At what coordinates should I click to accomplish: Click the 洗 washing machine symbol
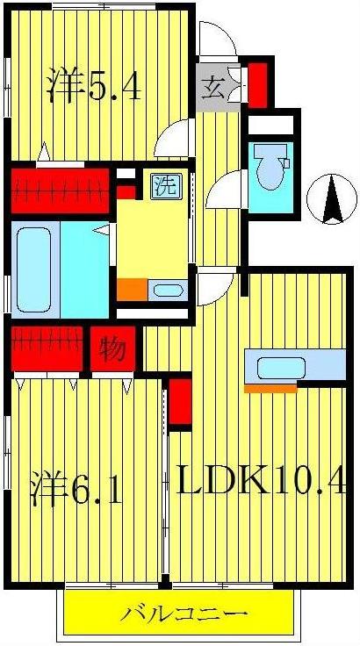(x=163, y=186)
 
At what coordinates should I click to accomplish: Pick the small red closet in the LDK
(x=180, y=401)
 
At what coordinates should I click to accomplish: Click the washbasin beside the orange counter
(x=166, y=291)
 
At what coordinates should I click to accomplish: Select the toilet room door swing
(x=227, y=188)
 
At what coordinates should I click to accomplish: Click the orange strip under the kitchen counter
(x=270, y=387)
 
